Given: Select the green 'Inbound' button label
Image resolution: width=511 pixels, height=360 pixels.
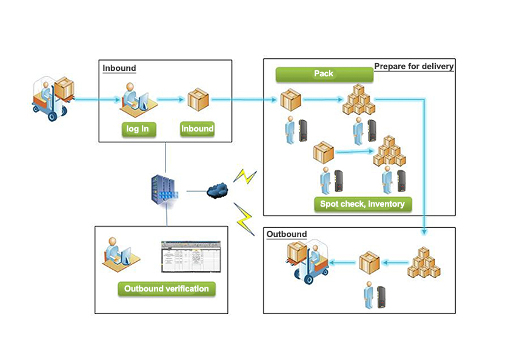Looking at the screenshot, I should [x=198, y=128].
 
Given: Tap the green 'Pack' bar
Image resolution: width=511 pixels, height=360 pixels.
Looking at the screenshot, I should [x=324, y=74].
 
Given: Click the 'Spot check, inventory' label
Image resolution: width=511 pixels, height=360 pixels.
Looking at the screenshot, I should [x=362, y=204].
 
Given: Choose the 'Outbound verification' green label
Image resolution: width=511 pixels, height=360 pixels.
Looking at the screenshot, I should [x=167, y=288].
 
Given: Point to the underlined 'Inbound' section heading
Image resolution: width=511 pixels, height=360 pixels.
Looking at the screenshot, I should [x=119, y=68].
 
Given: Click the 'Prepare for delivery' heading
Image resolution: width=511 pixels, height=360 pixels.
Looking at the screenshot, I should [x=413, y=66].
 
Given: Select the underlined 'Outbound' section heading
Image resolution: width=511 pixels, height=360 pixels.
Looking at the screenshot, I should [x=286, y=234].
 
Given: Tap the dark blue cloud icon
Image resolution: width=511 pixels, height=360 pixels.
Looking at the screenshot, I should [x=218, y=190].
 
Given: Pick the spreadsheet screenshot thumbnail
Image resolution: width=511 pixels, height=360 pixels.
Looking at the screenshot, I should [x=190, y=256].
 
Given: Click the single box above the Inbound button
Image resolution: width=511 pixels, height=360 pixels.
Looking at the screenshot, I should [x=198, y=99].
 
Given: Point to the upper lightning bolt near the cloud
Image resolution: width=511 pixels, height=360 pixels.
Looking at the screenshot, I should [x=245, y=176].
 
